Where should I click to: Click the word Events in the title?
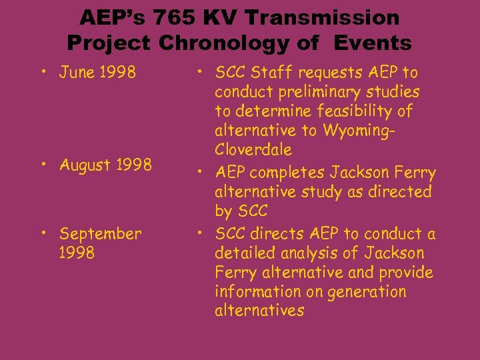pyautogui.click(x=374, y=43)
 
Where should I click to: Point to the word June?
pyautogui.click(x=78, y=72)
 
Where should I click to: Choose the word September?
pyautogui.click(x=100, y=234)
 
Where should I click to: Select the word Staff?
pyautogui.click(x=270, y=72)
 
